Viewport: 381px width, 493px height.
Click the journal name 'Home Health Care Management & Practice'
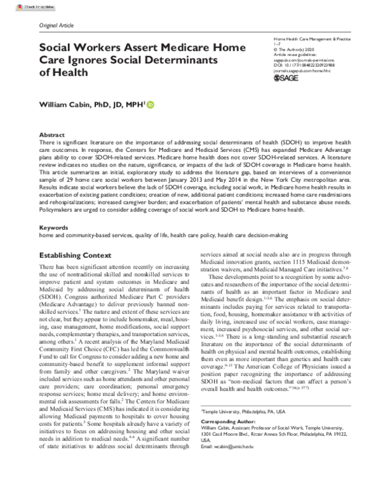[x=302, y=39]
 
